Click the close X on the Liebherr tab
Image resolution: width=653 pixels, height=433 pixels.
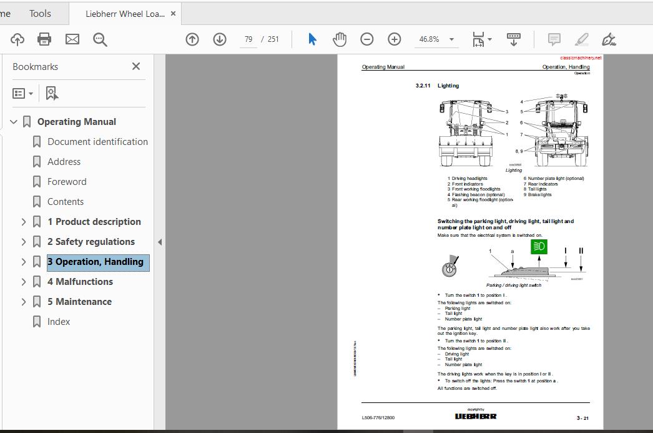(173, 13)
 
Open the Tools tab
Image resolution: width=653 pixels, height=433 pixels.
(40, 13)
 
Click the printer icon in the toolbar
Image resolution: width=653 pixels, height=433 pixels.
(44, 39)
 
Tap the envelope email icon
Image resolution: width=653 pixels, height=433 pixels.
(72, 39)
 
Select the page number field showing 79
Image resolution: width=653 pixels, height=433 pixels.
(248, 39)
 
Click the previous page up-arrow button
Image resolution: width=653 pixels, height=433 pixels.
(192, 39)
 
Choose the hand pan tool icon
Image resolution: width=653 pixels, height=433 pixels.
(340, 39)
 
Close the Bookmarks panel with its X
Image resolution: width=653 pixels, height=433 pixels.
(136, 66)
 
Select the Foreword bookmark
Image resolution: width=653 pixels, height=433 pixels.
(67, 182)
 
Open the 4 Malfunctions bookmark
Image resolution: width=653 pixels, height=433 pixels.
(80, 282)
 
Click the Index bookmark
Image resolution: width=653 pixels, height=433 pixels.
(59, 322)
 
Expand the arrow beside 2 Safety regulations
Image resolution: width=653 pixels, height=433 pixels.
(24, 242)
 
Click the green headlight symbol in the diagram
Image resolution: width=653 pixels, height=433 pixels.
(539, 246)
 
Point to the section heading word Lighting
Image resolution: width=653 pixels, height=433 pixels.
(448, 86)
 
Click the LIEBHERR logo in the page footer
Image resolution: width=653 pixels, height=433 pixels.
(476, 416)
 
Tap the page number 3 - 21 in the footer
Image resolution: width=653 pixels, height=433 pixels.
(582, 417)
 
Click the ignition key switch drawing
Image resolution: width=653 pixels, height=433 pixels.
(449, 268)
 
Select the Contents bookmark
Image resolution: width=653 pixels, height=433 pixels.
(66, 202)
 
